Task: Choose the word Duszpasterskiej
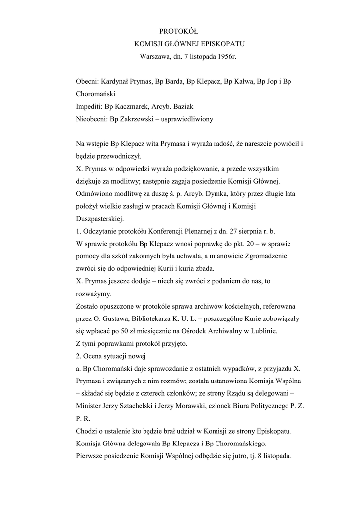click(101, 218)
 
